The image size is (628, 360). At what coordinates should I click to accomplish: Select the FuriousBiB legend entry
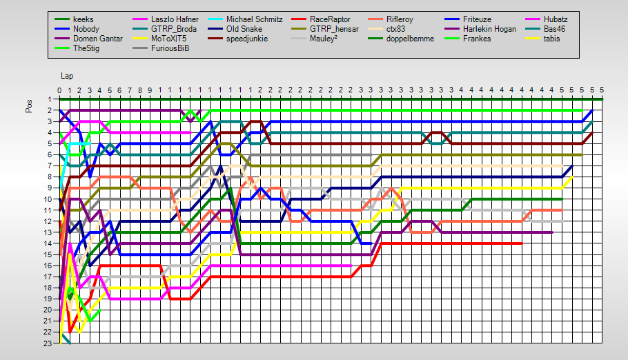170,48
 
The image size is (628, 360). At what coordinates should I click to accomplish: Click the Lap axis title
66,75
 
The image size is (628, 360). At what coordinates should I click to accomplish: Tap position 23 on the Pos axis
49,343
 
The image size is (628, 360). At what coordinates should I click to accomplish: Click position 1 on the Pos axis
50,99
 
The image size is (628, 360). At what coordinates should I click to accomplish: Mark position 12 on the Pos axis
49,221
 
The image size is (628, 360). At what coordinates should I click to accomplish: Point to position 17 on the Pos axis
49,277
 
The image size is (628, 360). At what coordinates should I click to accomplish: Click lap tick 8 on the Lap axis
140,90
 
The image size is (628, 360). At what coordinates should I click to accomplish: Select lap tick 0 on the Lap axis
59,90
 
